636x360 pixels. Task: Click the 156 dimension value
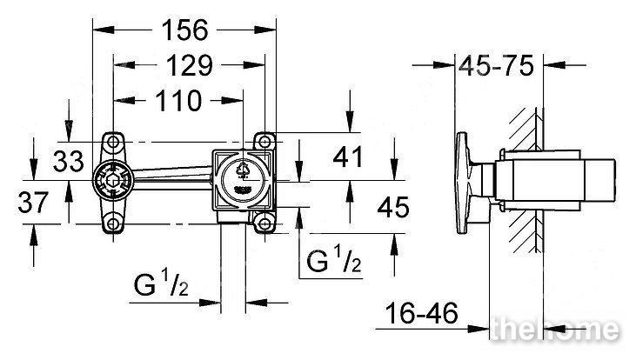pyautogui.click(x=184, y=30)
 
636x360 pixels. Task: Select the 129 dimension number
pyautogui.click(x=190, y=65)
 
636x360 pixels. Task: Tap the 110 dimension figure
pyautogui.click(x=178, y=101)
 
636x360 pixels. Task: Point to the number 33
pyautogui.click(x=69, y=161)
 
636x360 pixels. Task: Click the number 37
pyautogui.click(x=33, y=203)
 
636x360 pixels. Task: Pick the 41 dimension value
pyautogui.click(x=348, y=157)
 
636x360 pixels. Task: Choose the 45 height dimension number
pyautogui.click(x=393, y=207)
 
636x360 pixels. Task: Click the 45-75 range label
pyautogui.click(x=496, y=66)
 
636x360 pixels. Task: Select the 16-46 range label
pyautogui.click(x=421, y=313)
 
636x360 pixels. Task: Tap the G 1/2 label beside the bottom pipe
pyautogui.click(x=161, y=284)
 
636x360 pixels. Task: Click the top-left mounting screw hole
pyautogui.click(x=113, y=142)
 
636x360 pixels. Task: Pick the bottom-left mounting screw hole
pyautogui.click(x=113, y=223)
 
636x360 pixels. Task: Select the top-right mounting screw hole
pyautogui.click(x=264, y=142)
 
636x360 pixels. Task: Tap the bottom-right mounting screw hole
pyautogui.click(x=264, y=223)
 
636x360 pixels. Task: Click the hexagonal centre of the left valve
pyautogui.click(x=113, y=180)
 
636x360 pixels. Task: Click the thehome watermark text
pyautogui.click(x=554, y=329)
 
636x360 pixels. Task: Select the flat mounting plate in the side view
pyautogui.click(x=462, y=183)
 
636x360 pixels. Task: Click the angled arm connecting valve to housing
pyautogui.click(x=172, y=178)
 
